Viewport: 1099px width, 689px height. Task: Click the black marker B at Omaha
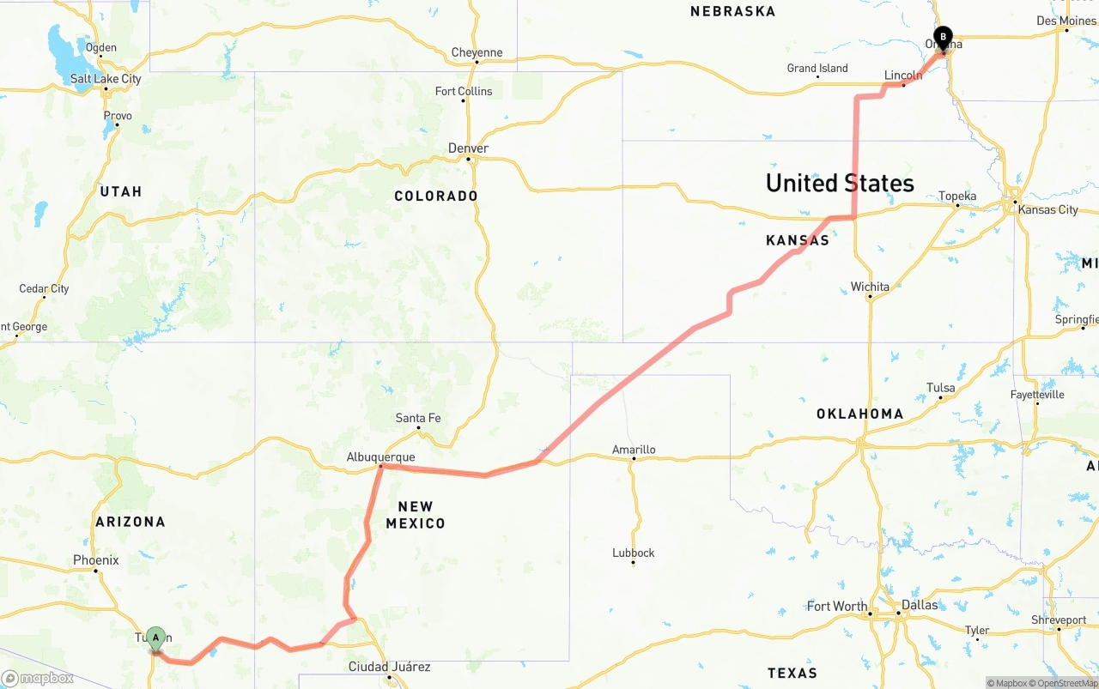(943, 38)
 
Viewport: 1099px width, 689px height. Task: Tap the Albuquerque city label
(380, 457)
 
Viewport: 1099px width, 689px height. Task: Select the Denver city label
(468, 148)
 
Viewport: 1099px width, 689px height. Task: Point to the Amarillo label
(634, 450)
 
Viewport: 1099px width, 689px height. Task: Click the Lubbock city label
(634, 553)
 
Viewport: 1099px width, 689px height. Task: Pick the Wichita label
(870, 287)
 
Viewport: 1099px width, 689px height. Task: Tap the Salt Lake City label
(106, 79)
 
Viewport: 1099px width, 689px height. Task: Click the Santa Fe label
(418, 418)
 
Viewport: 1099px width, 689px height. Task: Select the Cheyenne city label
(477, 52)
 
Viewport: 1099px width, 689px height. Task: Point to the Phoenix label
(96, 560)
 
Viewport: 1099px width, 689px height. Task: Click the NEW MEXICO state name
(416, 515)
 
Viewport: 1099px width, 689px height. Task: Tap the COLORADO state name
(436, 196)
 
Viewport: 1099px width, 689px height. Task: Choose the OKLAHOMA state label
(859, 414)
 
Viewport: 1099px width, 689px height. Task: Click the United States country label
(840, 183)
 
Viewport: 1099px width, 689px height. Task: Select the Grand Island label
(817, 68)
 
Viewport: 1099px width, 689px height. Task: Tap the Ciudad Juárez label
(390, 667)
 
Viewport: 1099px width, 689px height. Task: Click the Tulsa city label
(941, 388)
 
